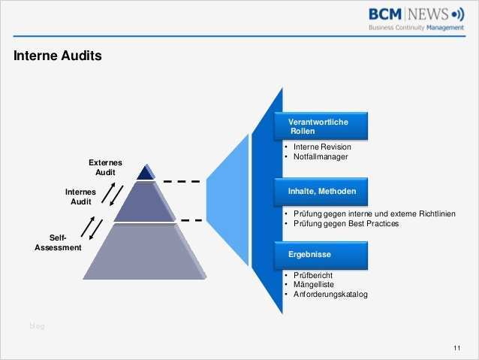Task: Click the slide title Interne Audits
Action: (57, 56)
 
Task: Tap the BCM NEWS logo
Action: (416, 14)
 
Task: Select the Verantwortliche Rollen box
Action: (323, 126)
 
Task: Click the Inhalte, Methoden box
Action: (323, 192)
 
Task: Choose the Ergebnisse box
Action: (323, 255)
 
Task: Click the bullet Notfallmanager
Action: (319, 156)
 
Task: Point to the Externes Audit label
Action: (105, 168)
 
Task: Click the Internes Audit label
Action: (80, 197)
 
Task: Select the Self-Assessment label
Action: (58, 243)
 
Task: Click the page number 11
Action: (457, 346)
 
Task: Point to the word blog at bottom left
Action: (37, 325)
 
